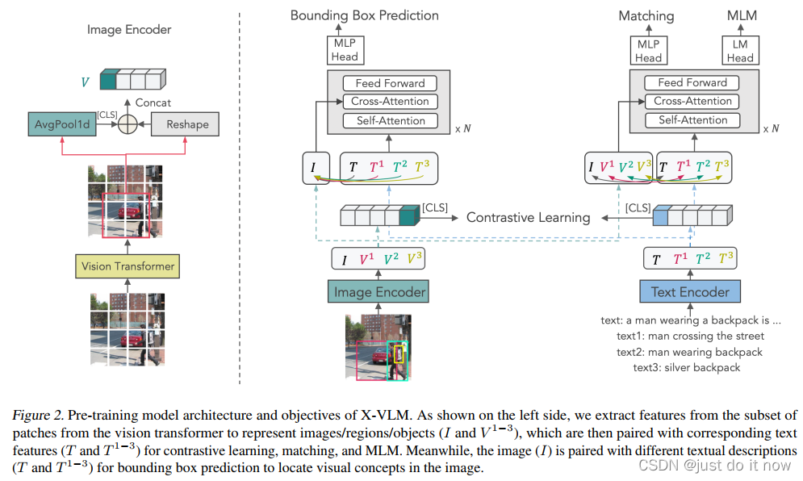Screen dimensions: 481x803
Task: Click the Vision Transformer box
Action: click(x=128, y=266)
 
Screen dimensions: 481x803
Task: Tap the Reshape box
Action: click(x=187, y=124)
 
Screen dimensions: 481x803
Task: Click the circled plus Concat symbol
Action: click(x=126, y=124)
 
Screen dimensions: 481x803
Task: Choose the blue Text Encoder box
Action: click(x=689, y=292)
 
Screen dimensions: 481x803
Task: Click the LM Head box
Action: click(x=739, y=51)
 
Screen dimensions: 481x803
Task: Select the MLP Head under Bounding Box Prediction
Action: click(x=345, y=51)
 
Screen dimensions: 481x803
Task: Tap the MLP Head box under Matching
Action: click(x=648, y=51)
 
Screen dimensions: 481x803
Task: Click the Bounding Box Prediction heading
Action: click(x=365, y=15)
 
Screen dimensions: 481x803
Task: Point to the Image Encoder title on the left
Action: click(x=129, y=30)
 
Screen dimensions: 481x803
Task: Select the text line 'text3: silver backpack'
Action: click(x=686, y=367)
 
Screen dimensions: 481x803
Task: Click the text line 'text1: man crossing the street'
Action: click(x=690, y=336)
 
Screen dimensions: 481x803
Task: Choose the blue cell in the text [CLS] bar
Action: click(x=662, y=216)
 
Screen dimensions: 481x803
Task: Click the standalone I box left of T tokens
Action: click(x=313, y=168)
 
